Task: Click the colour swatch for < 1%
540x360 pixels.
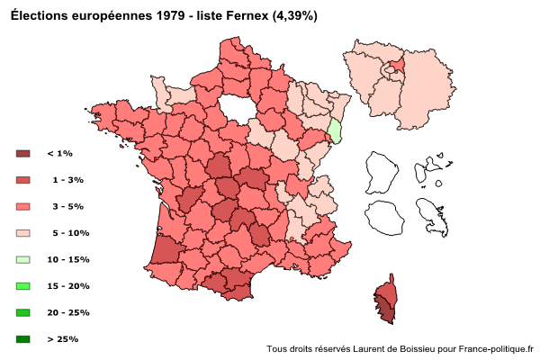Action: pyautogui.click(x=23, y=154)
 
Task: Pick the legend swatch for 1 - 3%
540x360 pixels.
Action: pyautogui.click(x=23, y=180)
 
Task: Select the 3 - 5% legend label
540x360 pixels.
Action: pyautogui.click(x=68, y=206)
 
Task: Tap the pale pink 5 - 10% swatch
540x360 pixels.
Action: pyautogui.click(x=23, y=233)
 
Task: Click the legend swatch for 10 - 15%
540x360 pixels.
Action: pyautogui.click(x=23, y=259)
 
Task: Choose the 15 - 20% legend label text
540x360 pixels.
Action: pyautogui.click(x=68, y=286)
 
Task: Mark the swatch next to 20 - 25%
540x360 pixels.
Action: pyautogui.click(x=23, y=312)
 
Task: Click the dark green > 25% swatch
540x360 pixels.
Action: pyautogui.click(x=23, y=339)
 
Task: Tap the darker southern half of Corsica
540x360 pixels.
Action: pyautogui.click(x=385, y=311)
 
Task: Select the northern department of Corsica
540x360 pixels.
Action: pyautogui.click(x=387, y=290)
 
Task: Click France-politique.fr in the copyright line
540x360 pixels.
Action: pyautogui.click(x=496, y=348)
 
